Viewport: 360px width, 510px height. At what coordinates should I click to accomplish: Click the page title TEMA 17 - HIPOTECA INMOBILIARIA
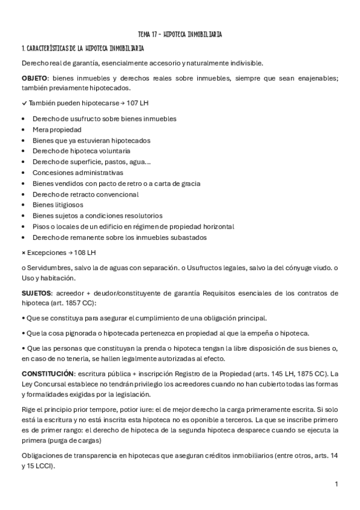(180, 34)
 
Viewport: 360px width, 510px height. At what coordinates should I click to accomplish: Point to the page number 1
(337, 484)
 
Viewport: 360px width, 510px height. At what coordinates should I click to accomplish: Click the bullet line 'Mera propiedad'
(57, 129)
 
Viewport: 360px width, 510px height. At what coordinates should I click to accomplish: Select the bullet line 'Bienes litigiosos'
(58, 205)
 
